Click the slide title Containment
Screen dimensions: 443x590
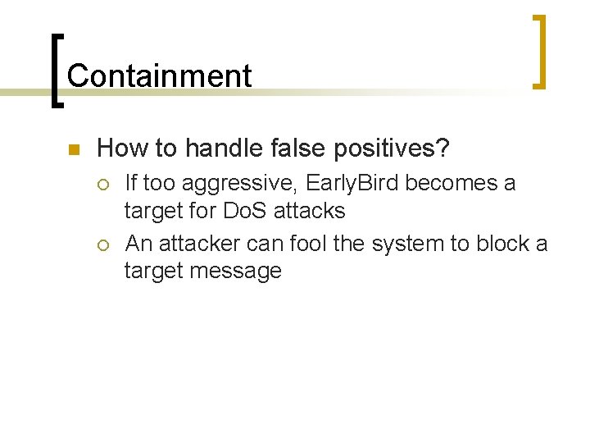tap(159, 75)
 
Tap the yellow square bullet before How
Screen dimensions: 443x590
tap(72, 150)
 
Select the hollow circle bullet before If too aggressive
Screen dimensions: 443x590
tap(106, 184)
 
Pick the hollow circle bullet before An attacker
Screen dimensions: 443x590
tap(106, 244)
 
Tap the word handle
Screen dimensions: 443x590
tap(224, 148)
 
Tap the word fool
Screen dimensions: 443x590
tap(323, 244)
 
